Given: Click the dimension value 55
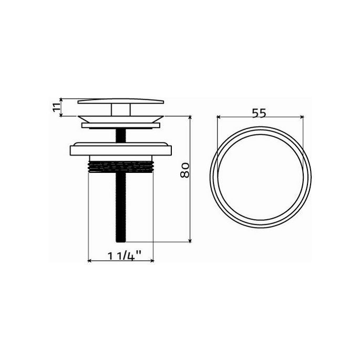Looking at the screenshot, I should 260,113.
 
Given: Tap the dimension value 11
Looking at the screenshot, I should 56,107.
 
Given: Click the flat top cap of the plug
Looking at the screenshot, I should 121,101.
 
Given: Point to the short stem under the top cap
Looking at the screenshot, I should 121,109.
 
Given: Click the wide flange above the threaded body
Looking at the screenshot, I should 121,148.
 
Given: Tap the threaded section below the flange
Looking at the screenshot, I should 121,167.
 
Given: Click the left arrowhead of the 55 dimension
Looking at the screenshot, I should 218,117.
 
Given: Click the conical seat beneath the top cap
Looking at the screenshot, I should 121,117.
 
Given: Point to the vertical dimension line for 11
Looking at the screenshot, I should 62,107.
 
